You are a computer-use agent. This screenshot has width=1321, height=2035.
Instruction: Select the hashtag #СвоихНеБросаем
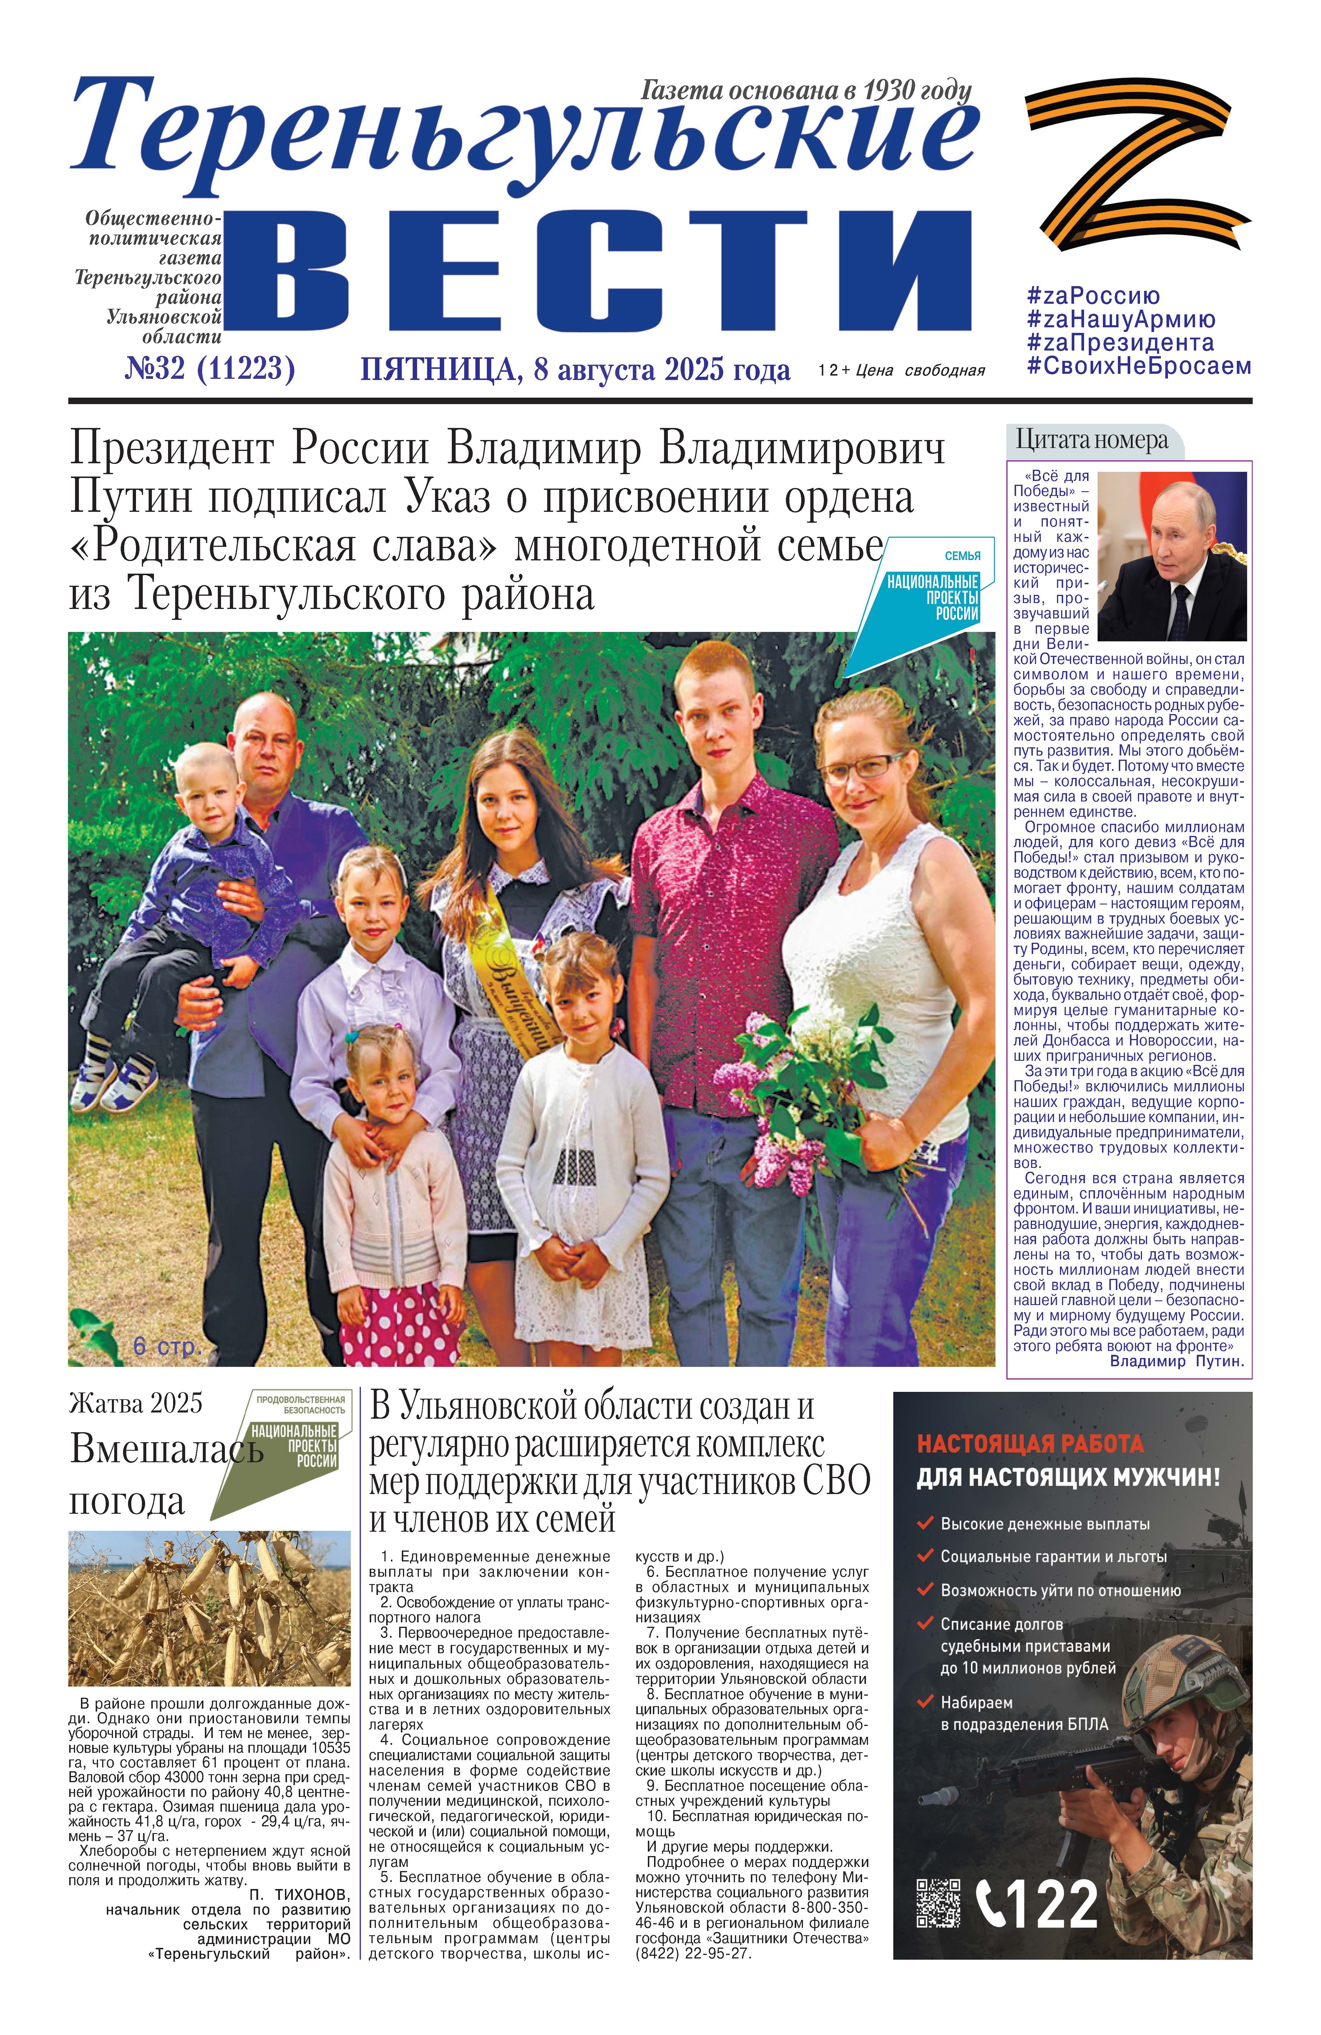pos(1138,366)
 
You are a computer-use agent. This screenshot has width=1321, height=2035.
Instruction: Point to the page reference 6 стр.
pos(167,1347)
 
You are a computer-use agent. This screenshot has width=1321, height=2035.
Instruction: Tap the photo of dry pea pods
pos(210,1607)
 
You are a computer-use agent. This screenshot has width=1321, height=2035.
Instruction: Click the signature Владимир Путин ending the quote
pos(1176,1361)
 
